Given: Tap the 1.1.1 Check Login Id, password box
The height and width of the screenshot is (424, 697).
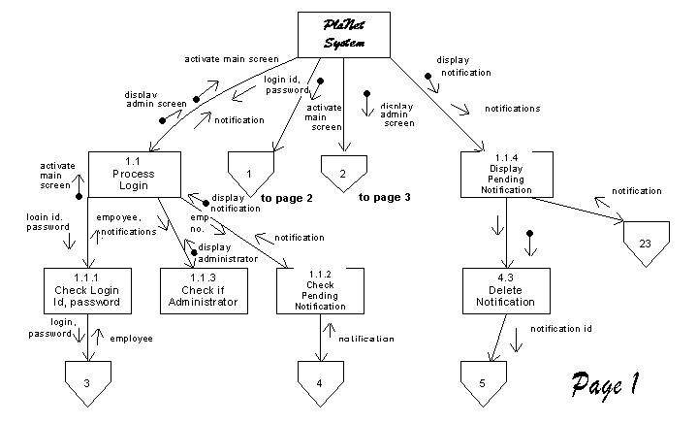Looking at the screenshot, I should click(x=88, y=289).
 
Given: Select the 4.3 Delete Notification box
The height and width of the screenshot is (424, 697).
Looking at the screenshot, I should click(x=507, y=289).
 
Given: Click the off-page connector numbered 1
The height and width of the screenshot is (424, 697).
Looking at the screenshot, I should click(x=250, y=172).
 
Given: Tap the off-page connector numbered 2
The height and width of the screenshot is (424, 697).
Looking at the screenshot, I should click(x=342, y=172).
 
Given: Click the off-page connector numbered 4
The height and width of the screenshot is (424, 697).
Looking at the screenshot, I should click(x=321, y=380).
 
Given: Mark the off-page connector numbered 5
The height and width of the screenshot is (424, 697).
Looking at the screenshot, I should click(x=482, y=380).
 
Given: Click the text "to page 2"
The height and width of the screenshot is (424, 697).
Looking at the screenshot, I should click(x=286, y=198).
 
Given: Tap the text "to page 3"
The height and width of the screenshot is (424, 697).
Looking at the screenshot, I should click(x=384, y=197).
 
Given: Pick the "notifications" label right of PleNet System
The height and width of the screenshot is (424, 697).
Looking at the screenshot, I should click(x=512, y=109).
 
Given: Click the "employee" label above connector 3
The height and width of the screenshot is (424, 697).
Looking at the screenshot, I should click(x=130, y=338).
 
